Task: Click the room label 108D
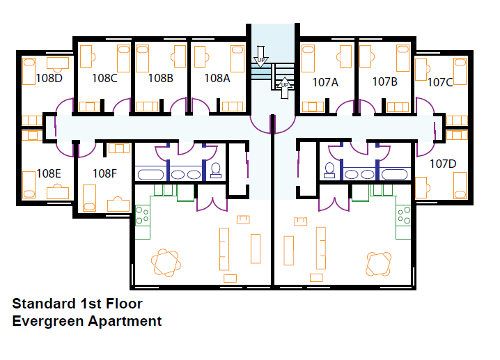point(49,78)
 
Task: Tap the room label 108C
point(104,78)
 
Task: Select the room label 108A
point(217,78)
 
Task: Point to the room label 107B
point(385,82)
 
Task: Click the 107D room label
point(443,164)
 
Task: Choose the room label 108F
point(104,173)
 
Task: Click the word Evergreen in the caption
point(49,321)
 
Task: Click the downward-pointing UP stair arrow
point(261,56)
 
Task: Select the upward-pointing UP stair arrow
point(284,88)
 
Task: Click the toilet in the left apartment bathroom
point(216,171)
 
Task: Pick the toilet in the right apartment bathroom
point(329,171)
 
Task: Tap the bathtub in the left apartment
point(150,175)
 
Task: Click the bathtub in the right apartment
point(395,175)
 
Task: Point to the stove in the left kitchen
point(143,216)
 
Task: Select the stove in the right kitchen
point(403,216)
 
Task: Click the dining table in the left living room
point(166,263)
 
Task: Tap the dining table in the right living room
point(379,264)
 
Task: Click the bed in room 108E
point(29,185)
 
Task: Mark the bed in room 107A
point(308,58)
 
